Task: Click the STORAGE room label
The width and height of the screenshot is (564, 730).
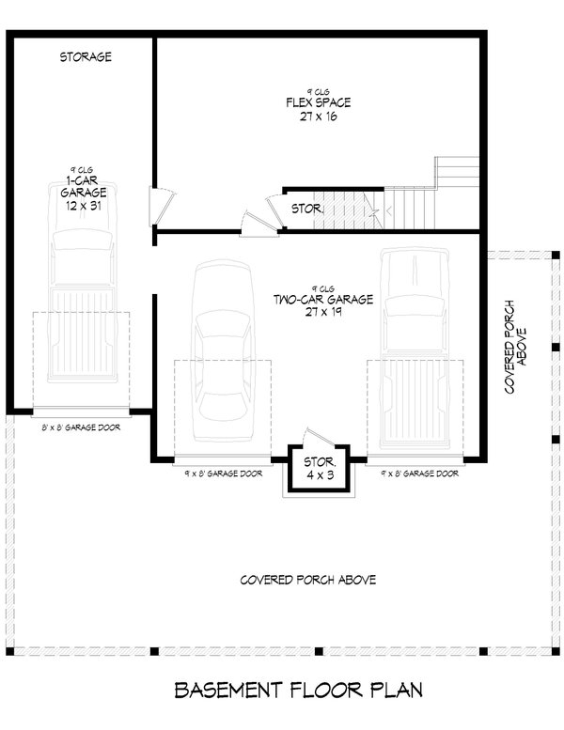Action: point(86,57)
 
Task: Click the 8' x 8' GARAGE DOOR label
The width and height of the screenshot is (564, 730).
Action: point(81,427)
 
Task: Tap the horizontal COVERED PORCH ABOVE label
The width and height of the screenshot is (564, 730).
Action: point(307,581)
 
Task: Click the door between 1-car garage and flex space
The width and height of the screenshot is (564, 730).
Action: point(162,202)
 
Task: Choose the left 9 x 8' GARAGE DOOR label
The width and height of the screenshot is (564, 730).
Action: point(223,474)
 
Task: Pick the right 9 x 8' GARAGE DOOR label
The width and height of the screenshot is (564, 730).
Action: point(420,474)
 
